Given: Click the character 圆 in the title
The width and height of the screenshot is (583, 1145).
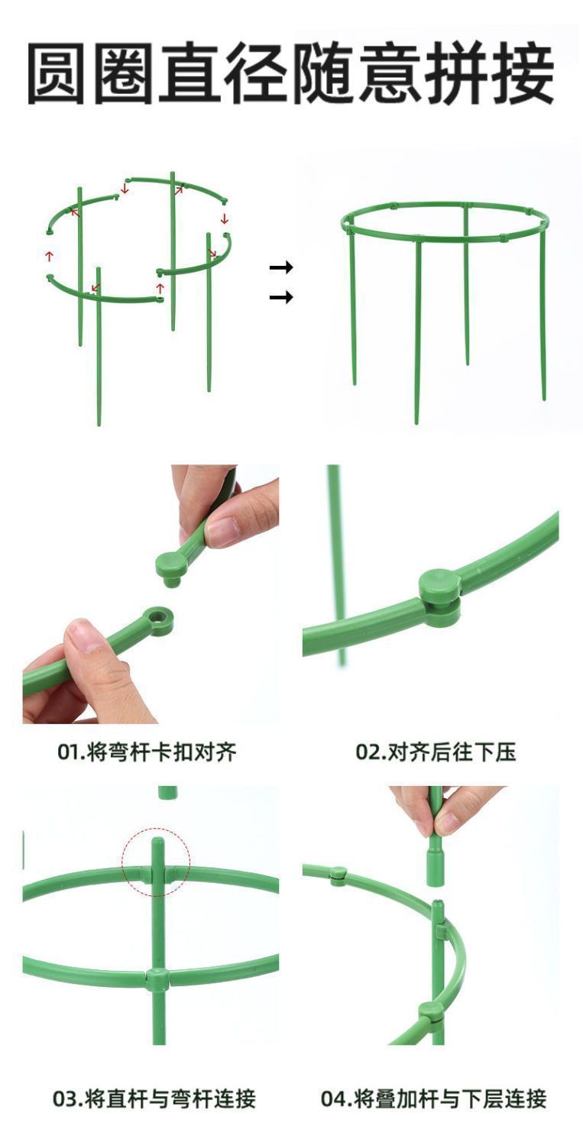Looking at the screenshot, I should (x=60, y=75).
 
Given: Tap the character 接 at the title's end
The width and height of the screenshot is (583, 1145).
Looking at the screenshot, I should (x=522, y=75).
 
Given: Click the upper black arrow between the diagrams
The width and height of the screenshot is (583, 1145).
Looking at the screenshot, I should (x=281, y=267).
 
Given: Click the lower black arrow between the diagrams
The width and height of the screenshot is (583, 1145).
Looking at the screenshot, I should (x=281, y=297).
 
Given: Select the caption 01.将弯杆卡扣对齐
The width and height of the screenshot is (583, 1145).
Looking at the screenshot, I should (x=147, y=752).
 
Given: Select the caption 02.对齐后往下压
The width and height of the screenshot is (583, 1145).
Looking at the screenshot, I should (x=436, y=752).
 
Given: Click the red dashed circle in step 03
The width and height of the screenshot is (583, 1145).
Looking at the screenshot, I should (x=156, y=862).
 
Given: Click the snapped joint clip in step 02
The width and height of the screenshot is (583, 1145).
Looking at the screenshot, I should (x=440, y=597).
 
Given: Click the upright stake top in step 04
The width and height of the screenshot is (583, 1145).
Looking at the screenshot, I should (x=438, y=909).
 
